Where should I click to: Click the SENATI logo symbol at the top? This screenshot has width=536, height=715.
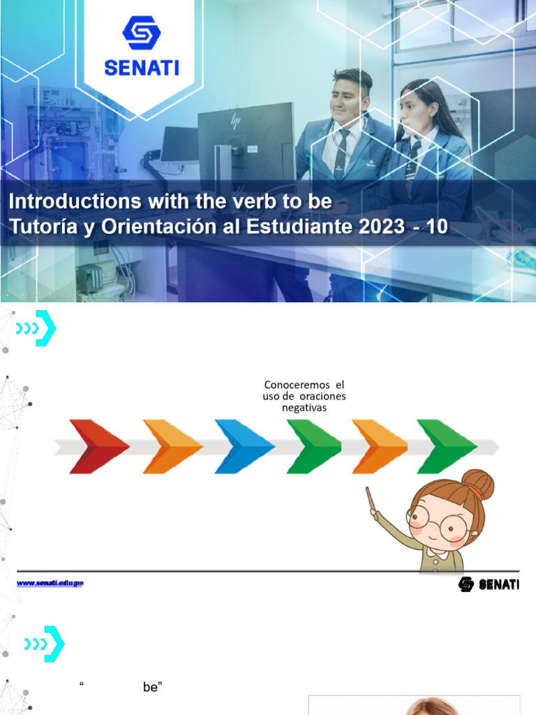click(x=141, y=33)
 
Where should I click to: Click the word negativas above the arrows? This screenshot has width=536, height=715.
click(x=304, y=408)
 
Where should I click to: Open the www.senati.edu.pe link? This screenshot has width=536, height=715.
click(x=50, y=582)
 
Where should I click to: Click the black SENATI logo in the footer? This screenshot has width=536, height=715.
click(x=489, y=584)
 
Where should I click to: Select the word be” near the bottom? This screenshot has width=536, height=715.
click(x=152, y=687)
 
